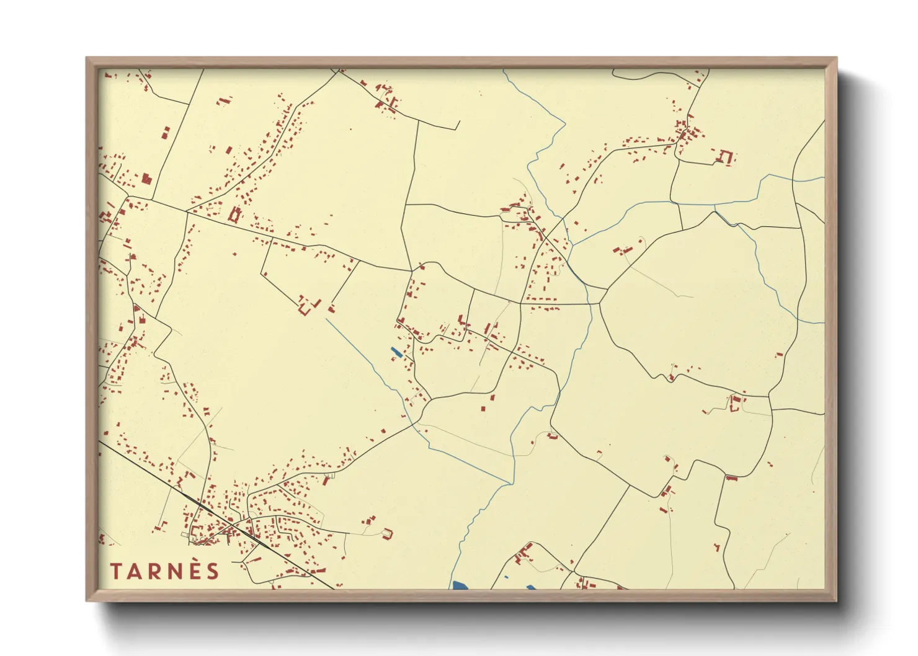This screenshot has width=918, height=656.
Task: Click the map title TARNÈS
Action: point(165,571)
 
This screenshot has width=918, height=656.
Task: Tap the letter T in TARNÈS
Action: point(116,571)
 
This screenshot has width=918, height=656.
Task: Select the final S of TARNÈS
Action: point(213,571)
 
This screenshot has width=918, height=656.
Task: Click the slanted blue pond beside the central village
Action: point(396,353)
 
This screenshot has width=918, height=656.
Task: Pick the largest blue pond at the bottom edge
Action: point(460,585)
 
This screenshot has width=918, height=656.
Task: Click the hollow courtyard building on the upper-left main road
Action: point(234,215)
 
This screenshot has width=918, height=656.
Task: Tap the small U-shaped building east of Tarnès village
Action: point(388,533)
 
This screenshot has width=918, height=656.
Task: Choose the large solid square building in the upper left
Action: point(146,179)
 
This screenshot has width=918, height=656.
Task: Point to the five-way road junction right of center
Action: point(600,303)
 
